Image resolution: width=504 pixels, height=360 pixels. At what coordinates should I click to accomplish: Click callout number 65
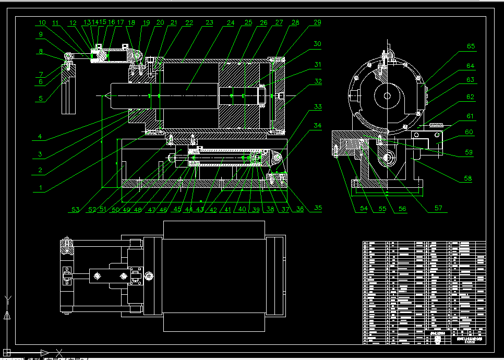coord(471,46)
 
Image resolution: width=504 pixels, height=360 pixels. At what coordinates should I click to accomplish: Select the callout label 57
coord(438,208)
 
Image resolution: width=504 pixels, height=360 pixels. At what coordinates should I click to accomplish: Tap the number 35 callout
coord(318,208)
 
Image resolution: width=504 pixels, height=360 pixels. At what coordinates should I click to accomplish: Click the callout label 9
coord(40,35)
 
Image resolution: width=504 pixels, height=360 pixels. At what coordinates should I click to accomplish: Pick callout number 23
coord(209,23)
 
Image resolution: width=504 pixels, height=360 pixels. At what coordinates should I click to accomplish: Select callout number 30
coord(318,44)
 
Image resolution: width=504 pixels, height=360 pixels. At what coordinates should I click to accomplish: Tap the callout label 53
coord(76,210)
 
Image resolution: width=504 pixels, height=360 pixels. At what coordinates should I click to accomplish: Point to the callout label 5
coord(40,98)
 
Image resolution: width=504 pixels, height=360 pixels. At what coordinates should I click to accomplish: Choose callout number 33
coord(318,106)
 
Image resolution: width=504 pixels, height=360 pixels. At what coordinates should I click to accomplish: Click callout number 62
coord(471,97)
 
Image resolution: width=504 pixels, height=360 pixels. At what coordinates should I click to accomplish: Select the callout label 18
coord(131,23)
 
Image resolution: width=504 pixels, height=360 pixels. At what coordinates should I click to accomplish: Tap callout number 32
coord(318,81)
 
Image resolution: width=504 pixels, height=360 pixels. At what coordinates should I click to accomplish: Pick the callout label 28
coord(295,23)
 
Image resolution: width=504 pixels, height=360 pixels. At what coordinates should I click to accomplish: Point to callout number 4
coord(40,138)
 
